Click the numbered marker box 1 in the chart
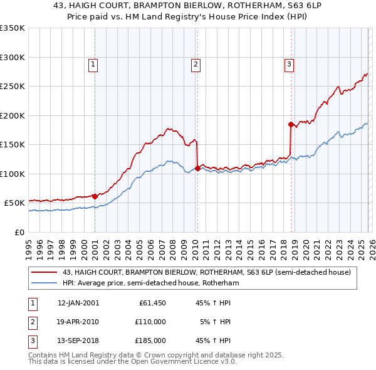(x=93, y=63)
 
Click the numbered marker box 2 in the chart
(x=196, y=63)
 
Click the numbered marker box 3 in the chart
(x=289, y=63)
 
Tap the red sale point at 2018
(x=291, y=124)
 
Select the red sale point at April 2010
(x=197, y=168)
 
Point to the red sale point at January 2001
(x=95, y=196)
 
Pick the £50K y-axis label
(x=15, y=203)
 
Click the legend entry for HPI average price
(x=151, y=283)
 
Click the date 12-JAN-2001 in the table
(x=78, y=303)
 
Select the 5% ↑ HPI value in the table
(x=215, y=322)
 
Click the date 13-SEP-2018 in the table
(x=78, y=341)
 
